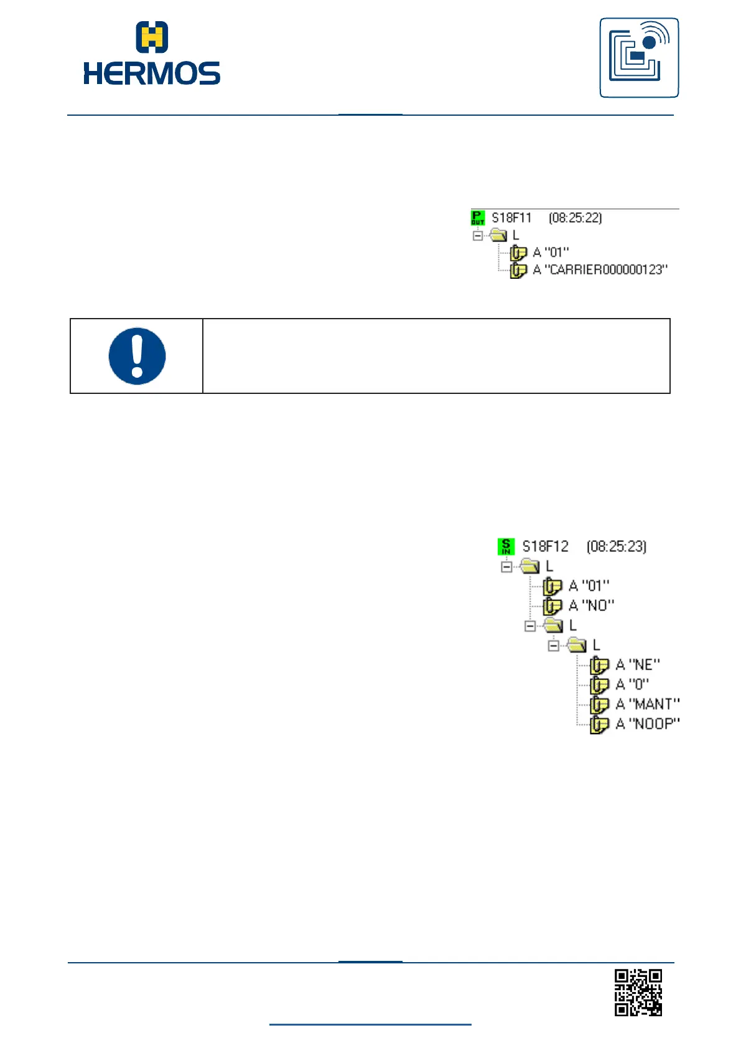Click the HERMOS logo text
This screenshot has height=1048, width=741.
click(x=152, y=73)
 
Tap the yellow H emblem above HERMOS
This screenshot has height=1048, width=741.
click(x=152, y=37)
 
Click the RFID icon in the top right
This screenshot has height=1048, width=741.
click(x=639, y=58)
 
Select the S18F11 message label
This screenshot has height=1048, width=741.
click(x=511, y=218)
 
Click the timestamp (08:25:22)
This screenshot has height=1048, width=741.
click(x=575, y=218)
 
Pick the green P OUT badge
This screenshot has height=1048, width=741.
click(x=478, y=218)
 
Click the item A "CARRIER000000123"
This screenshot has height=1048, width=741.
click(x=600, y=269)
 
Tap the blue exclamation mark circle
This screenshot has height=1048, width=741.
click(x=137, y=356)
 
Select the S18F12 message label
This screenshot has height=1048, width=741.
click(x=545, y=546)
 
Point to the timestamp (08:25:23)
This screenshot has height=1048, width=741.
click(x=616, y=546)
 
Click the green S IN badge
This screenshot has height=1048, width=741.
click(x=506, y=546)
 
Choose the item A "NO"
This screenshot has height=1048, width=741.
click(x=591, y=606)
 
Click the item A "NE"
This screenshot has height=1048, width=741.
click(x=637, y=665)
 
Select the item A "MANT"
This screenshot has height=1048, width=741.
click(x=647, y=704)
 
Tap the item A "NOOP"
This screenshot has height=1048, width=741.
click(x=647, y=724)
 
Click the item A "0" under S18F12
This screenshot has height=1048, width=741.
click(x=631, y=685)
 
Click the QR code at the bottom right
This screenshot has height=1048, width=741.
click(x=638, y=993)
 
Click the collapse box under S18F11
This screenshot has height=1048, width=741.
click(x=477, y=236)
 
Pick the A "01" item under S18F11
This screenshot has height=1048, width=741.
click(x=551, y=253)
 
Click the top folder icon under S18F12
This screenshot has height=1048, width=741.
click(x=529, y=566)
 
